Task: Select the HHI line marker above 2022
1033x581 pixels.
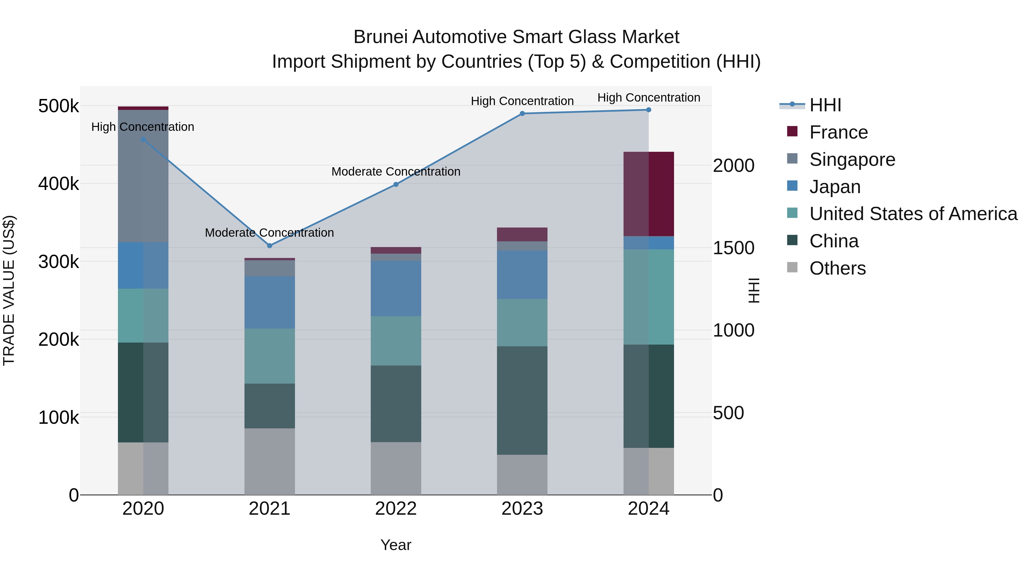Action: coord(396,184)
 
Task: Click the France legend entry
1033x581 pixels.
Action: coord(838,132)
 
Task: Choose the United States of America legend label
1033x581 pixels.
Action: coord(913,214)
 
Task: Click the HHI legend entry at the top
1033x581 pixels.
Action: coord(825,105)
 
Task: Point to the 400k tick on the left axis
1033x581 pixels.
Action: coord(59,184)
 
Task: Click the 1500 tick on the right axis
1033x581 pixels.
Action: coord(733,248)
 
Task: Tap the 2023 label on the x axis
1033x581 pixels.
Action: coord(522,509)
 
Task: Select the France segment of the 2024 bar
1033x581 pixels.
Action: coord(648,194)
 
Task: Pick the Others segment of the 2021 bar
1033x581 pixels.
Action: coord(269,461)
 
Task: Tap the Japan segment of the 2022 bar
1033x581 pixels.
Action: coord(396,288)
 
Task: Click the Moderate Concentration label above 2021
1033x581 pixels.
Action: coord(269,233)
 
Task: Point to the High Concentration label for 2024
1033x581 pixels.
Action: coord(648,98)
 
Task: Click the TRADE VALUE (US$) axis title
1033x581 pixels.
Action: coord(9,290)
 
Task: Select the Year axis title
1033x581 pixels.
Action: coord(396,545)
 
